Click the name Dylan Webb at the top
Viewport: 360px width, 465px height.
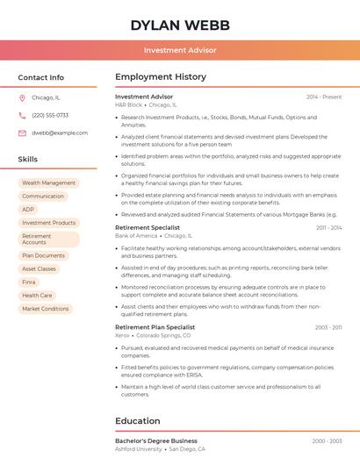[x=180, y=25]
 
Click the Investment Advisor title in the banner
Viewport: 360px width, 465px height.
[x=180, y=50]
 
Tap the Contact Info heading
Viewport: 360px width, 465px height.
[x=40, y=77]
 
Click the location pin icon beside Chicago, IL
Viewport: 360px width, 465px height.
[x=22, y=97]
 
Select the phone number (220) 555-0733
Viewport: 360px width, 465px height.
[x=50, y=115]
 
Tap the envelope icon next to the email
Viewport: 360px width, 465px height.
[x=22, y=132]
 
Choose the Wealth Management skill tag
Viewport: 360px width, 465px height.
[x=48, y=183]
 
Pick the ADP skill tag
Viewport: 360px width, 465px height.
[x=28, y=210]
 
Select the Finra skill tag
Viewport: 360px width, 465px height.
[x=29, y=282]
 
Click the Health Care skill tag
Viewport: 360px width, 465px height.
[x=37, y=296]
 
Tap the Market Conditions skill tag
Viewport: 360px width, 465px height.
[x=45, y=309]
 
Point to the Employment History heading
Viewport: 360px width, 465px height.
[x=161, y=77]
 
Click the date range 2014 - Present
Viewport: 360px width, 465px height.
[x=324, y=97]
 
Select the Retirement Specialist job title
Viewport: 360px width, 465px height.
[x=148, y=227]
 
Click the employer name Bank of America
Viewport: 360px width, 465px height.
[x=136, y=236]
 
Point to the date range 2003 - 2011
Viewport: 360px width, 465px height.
[x=328, y=327]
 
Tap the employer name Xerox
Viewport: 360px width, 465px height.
[x=122, y=335]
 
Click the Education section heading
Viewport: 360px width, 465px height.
[x=138, y=421]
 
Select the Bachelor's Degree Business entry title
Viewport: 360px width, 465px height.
[x=156, y=440]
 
